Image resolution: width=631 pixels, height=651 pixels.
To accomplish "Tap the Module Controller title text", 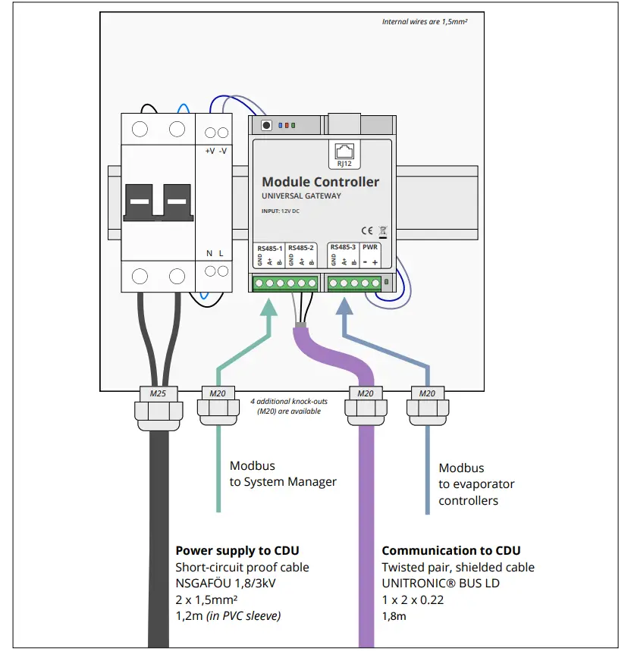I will [320, 182].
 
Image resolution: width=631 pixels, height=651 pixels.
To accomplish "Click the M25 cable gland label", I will [158, 393].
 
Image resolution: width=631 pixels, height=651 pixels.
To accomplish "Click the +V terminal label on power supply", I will [209, 151].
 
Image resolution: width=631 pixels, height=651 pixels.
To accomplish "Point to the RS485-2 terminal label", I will [301, 249].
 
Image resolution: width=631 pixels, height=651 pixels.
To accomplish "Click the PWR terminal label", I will [370, 248].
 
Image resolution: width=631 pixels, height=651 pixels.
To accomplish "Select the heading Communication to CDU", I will [450, 551].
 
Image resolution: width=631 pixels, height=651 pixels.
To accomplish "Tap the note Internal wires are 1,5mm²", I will [424, 22].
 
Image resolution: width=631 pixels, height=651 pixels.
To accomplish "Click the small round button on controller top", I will [265, 125].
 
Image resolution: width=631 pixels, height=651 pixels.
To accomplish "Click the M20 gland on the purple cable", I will [365, 393].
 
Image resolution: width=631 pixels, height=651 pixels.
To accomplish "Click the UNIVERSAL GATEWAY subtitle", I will [301, 196].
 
